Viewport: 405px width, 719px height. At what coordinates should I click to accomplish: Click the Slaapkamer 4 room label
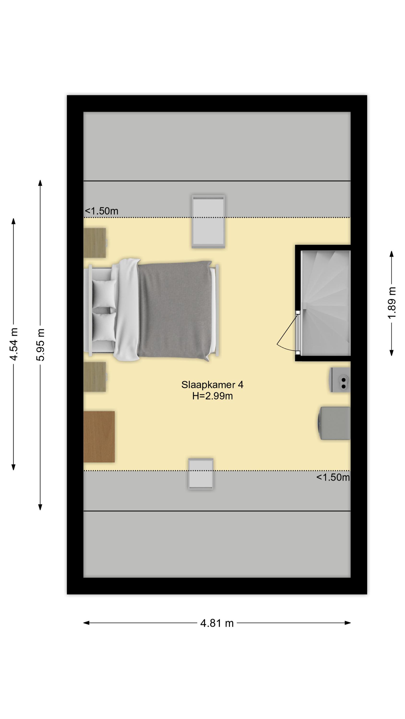tap(212, 385)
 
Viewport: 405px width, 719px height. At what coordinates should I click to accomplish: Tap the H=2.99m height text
tap(212, 396)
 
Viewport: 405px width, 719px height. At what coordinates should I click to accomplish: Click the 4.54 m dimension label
tap(14, 344)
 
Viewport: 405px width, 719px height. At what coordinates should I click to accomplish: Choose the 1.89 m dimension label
tap(392, 303)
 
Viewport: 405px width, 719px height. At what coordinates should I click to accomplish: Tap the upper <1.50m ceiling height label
tap(101, 211)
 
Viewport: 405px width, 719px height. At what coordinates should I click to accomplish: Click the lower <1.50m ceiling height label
tap(333, 477)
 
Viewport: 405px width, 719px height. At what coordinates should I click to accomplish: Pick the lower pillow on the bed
tap(104, 327)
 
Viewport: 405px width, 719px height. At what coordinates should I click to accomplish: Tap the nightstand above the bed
tap(95, 243)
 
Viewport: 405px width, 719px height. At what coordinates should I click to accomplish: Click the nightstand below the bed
tap(95, 377)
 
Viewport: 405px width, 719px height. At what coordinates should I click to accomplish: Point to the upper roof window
tap(208, 221)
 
